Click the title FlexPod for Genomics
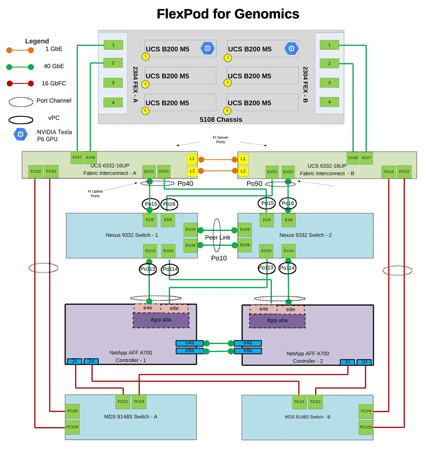coord(228,14)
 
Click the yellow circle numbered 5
coord(145,111)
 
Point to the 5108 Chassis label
coord(221,120)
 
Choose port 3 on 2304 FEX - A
coord(113,83)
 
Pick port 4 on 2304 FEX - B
coord(329,102)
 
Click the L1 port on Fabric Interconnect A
coord(192,159)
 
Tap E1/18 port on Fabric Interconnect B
coord(353,158)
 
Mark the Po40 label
coord(185,183)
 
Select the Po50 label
coord(254,183)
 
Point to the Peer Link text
coord(217,237)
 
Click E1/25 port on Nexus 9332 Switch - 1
coord(190,230)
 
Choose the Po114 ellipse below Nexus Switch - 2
coord(288,268)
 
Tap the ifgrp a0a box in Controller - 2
coord(277,320)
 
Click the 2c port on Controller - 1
coord(74,361)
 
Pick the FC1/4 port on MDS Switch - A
coord(138,402)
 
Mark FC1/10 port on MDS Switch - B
coord(366,427)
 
